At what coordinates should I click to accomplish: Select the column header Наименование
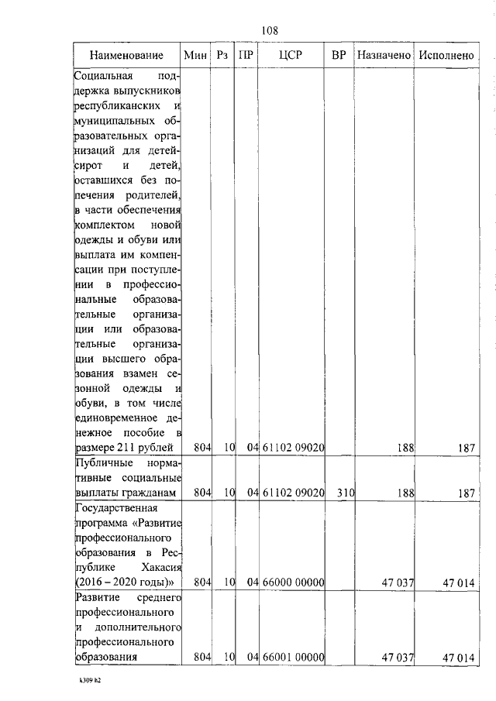(126, 56)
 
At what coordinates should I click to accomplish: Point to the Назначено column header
(384, 56)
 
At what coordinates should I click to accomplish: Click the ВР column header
(338, 56)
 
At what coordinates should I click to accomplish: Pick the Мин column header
(196, 56)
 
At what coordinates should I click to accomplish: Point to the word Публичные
(101, 463)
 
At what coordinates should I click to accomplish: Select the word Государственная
(115, 509)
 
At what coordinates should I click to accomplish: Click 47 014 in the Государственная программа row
(458, 582)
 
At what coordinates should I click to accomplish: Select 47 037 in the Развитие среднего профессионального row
(398, 657)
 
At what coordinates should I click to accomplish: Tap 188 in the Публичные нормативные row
(404, 493)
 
